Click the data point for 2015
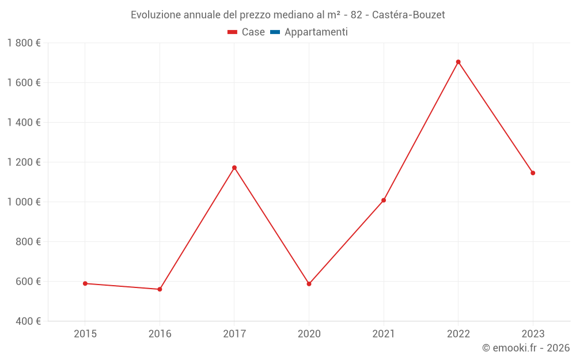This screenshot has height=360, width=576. (x=85, y=283)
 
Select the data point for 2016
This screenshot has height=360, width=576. (x=160, y=289)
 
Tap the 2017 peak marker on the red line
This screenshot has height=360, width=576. (x=234, y=168)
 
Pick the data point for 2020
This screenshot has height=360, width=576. (x=309, y=284)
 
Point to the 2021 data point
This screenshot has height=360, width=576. (x=384, y=200)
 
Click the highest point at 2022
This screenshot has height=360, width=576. (x=458, y=62)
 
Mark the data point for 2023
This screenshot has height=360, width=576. (x=533, y=173)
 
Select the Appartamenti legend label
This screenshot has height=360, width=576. (x=316, y=32)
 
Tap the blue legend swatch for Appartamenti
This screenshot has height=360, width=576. (x=275, y=32)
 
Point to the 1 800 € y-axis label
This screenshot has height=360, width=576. (x=24, y=43)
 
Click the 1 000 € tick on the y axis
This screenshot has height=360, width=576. (x=24, y=202)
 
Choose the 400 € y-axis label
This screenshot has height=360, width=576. (x=27, y=321)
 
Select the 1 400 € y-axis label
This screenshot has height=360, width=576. (x=24, y=123)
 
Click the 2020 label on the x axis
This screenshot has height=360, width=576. (x=309, y=334)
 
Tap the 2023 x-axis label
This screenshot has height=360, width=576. (x=533, y=334)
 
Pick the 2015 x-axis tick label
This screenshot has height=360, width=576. (x=85, y=334)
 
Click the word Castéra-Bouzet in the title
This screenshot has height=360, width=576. (x=408, y=15)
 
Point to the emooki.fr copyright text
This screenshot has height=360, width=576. (x=526, y=348)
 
